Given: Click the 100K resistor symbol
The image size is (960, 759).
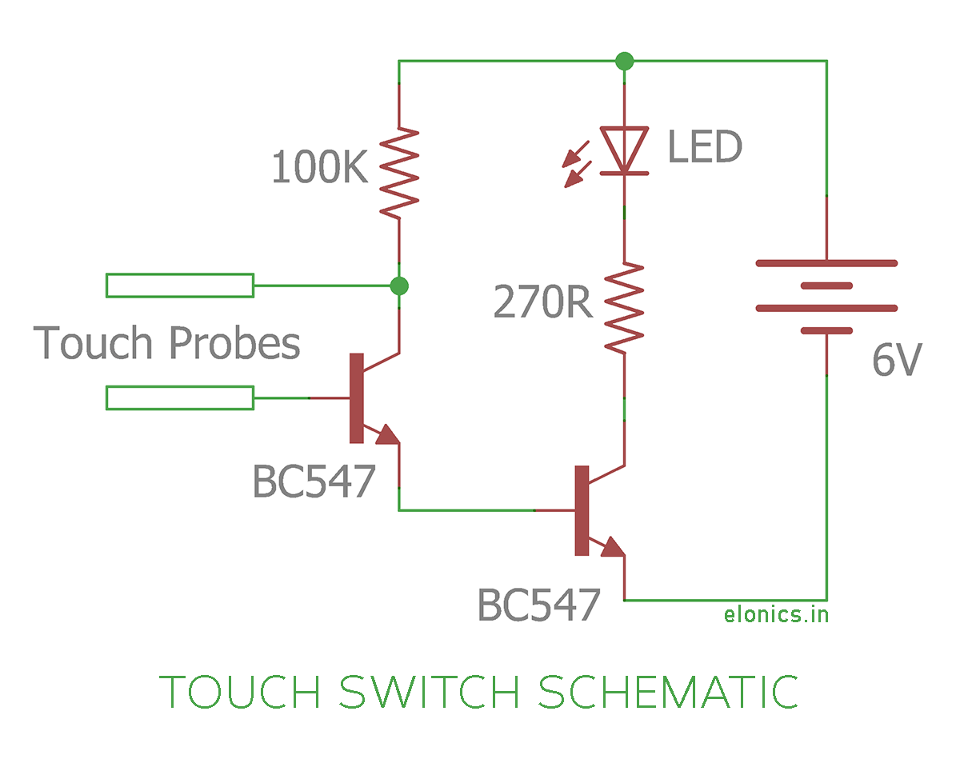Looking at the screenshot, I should (398, 171).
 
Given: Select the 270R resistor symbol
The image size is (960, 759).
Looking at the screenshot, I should (624, 306).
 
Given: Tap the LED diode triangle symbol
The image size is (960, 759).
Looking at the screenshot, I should (624, 149).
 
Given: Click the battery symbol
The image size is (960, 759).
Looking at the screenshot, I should (826, 297).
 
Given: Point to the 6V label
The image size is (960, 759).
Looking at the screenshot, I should (897, 362).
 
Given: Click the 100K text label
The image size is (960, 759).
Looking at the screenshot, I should (319, 169).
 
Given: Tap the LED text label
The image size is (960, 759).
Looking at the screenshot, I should (704, 148).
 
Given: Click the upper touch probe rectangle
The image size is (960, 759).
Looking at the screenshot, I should (180, 286).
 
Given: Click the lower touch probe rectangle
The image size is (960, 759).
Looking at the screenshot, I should (180, 397).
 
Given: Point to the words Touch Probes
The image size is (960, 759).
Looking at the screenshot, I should (167, 342).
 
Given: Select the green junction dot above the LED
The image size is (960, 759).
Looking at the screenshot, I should (624, 61).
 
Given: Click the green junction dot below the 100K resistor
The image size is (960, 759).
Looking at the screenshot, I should (398, 286).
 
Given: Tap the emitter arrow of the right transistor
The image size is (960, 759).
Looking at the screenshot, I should (612, 547).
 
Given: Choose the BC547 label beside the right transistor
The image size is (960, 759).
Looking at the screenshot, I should (538, 605).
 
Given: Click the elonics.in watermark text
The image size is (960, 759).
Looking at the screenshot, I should (776, 614).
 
